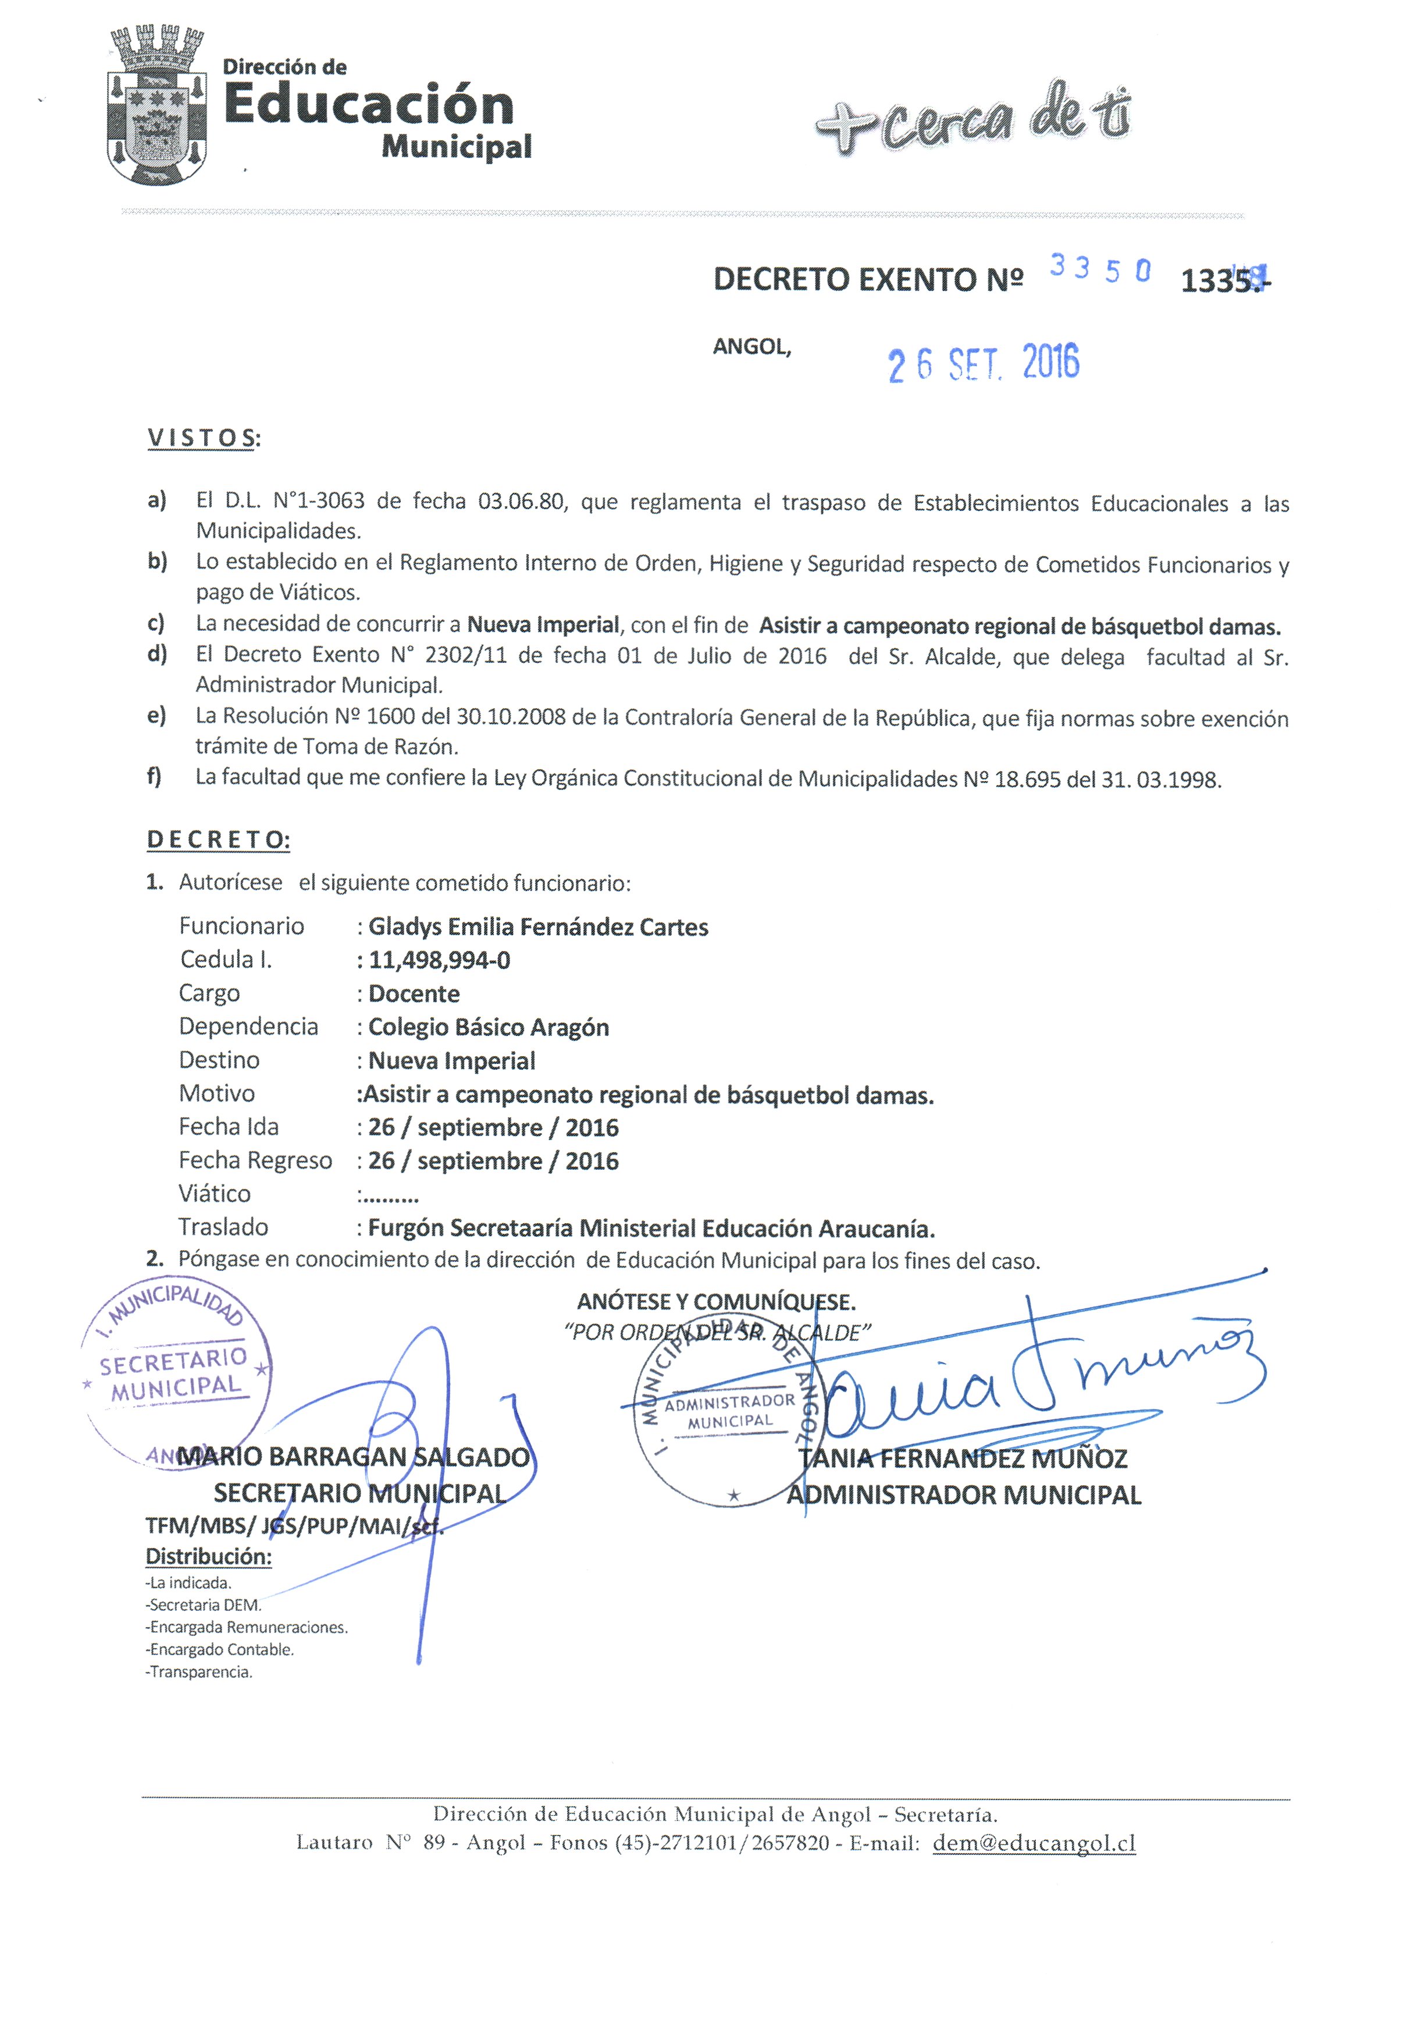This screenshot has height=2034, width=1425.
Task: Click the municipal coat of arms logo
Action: (157, 107)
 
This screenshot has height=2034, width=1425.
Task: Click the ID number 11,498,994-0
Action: (439, 960)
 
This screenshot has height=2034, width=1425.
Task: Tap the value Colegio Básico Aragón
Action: (488, 1028)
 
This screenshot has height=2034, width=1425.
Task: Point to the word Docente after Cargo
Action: (414, 994)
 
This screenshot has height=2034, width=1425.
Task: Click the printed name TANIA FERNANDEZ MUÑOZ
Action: (963, 1458)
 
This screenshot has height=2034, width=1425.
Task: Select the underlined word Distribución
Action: (208, 1557)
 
